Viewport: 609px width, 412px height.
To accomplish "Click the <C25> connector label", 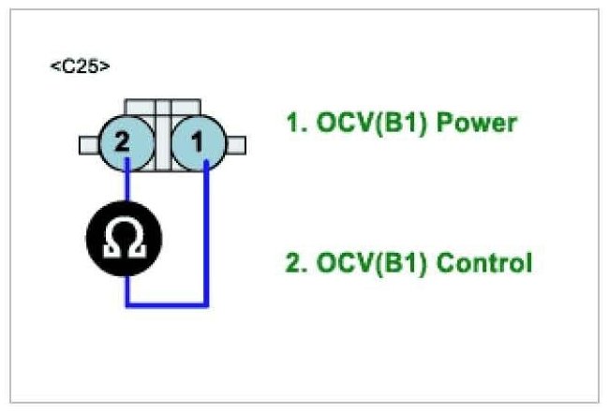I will pos(79,67).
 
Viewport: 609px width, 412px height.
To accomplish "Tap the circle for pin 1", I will pos(198,143).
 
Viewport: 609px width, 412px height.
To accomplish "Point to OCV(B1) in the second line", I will pos(365,262).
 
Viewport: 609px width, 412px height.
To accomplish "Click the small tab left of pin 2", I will pos(90,144).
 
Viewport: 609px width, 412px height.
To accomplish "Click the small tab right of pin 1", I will pos(235,144).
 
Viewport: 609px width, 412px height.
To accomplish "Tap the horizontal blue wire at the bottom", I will pos(167,304).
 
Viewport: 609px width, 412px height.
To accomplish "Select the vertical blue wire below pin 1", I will pos(206,234).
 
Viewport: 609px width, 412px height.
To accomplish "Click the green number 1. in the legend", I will pos(295,123).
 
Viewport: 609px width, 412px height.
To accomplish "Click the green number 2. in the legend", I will pos(295,262).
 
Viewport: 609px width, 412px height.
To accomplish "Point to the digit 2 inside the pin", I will pos(121,143).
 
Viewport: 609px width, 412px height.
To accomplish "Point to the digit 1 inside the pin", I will pos(197,143).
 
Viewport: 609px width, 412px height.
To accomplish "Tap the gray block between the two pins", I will pos(162,140).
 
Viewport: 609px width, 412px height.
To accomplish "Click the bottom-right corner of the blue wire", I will pos(206,304).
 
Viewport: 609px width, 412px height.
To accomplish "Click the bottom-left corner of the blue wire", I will pos(126,304).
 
